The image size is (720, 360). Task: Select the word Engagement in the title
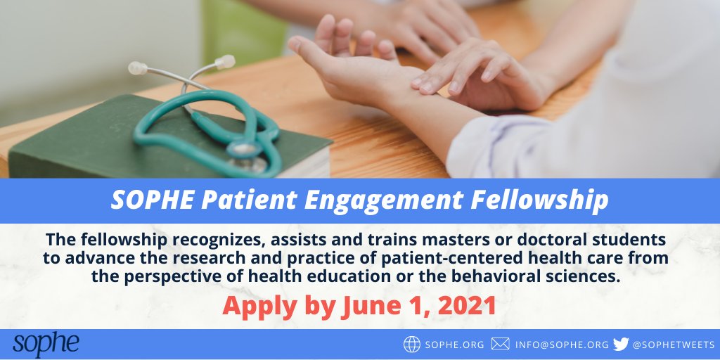[x=390, y=201]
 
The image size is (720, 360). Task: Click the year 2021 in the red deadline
[x=466, y=305]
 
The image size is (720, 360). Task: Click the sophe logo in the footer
[x=46, y=344]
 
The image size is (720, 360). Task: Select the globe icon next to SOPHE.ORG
[x=411, y=345]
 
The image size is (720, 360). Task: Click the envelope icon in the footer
[x=500, y=345]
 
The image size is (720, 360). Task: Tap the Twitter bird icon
[x=620, y=345]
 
